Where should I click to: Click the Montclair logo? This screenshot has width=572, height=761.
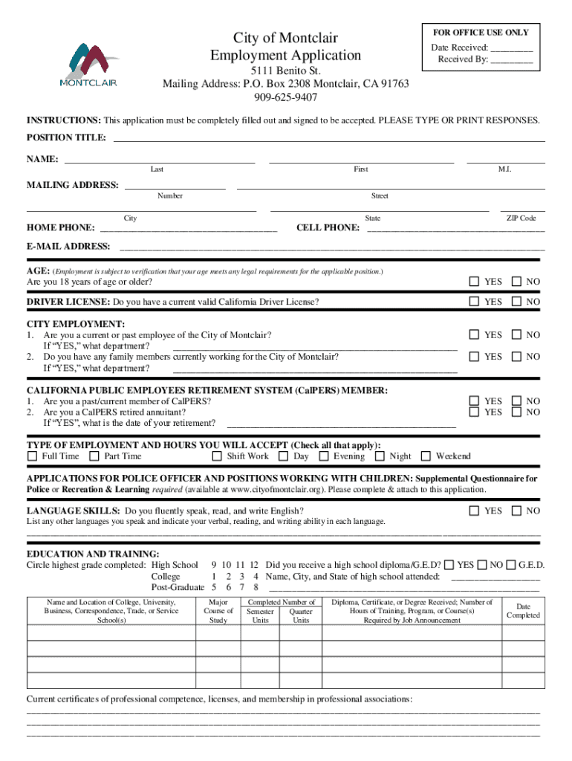pos(88,64)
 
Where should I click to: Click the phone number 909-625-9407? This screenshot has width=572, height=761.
pos(285,97)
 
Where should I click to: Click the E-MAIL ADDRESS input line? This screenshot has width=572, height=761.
pos(331,247)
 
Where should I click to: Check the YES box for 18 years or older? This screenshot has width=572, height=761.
pos(474,282)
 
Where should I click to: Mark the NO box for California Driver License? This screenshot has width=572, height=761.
pos(517,302)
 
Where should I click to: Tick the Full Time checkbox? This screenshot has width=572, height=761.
pos(32,456)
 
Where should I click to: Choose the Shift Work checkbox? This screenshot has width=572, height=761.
pos(217,456)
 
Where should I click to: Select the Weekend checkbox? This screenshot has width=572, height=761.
pos(426,456)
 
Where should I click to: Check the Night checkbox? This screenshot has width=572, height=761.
pos(380,456)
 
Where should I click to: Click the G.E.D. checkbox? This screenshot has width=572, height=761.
pos(511,565)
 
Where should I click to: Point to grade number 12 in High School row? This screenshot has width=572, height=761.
pos(254,565)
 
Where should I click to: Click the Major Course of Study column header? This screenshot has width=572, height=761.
pos(218,611)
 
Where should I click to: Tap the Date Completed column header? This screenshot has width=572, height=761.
pos(523,611)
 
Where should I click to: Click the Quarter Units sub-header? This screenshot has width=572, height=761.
pos(301,615)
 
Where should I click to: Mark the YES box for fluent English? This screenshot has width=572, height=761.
pos(474,511)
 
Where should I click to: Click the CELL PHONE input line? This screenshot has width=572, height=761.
pos(456,228)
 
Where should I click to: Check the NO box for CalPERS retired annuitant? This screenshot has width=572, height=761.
pos(517,412)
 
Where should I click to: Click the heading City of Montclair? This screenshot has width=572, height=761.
pos(285,38)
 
